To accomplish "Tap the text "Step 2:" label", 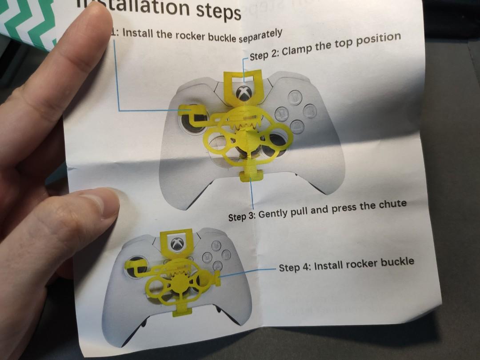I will click(264, 55).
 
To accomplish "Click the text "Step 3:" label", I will click(242, 216).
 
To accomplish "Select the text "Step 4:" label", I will click(295, 267).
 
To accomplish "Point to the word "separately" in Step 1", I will click(260, 35).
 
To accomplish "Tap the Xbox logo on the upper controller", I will click(244, 93).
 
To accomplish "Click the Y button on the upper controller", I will click(294, 96).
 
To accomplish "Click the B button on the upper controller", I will click(310, 111).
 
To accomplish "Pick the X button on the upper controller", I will click(281, 114).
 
